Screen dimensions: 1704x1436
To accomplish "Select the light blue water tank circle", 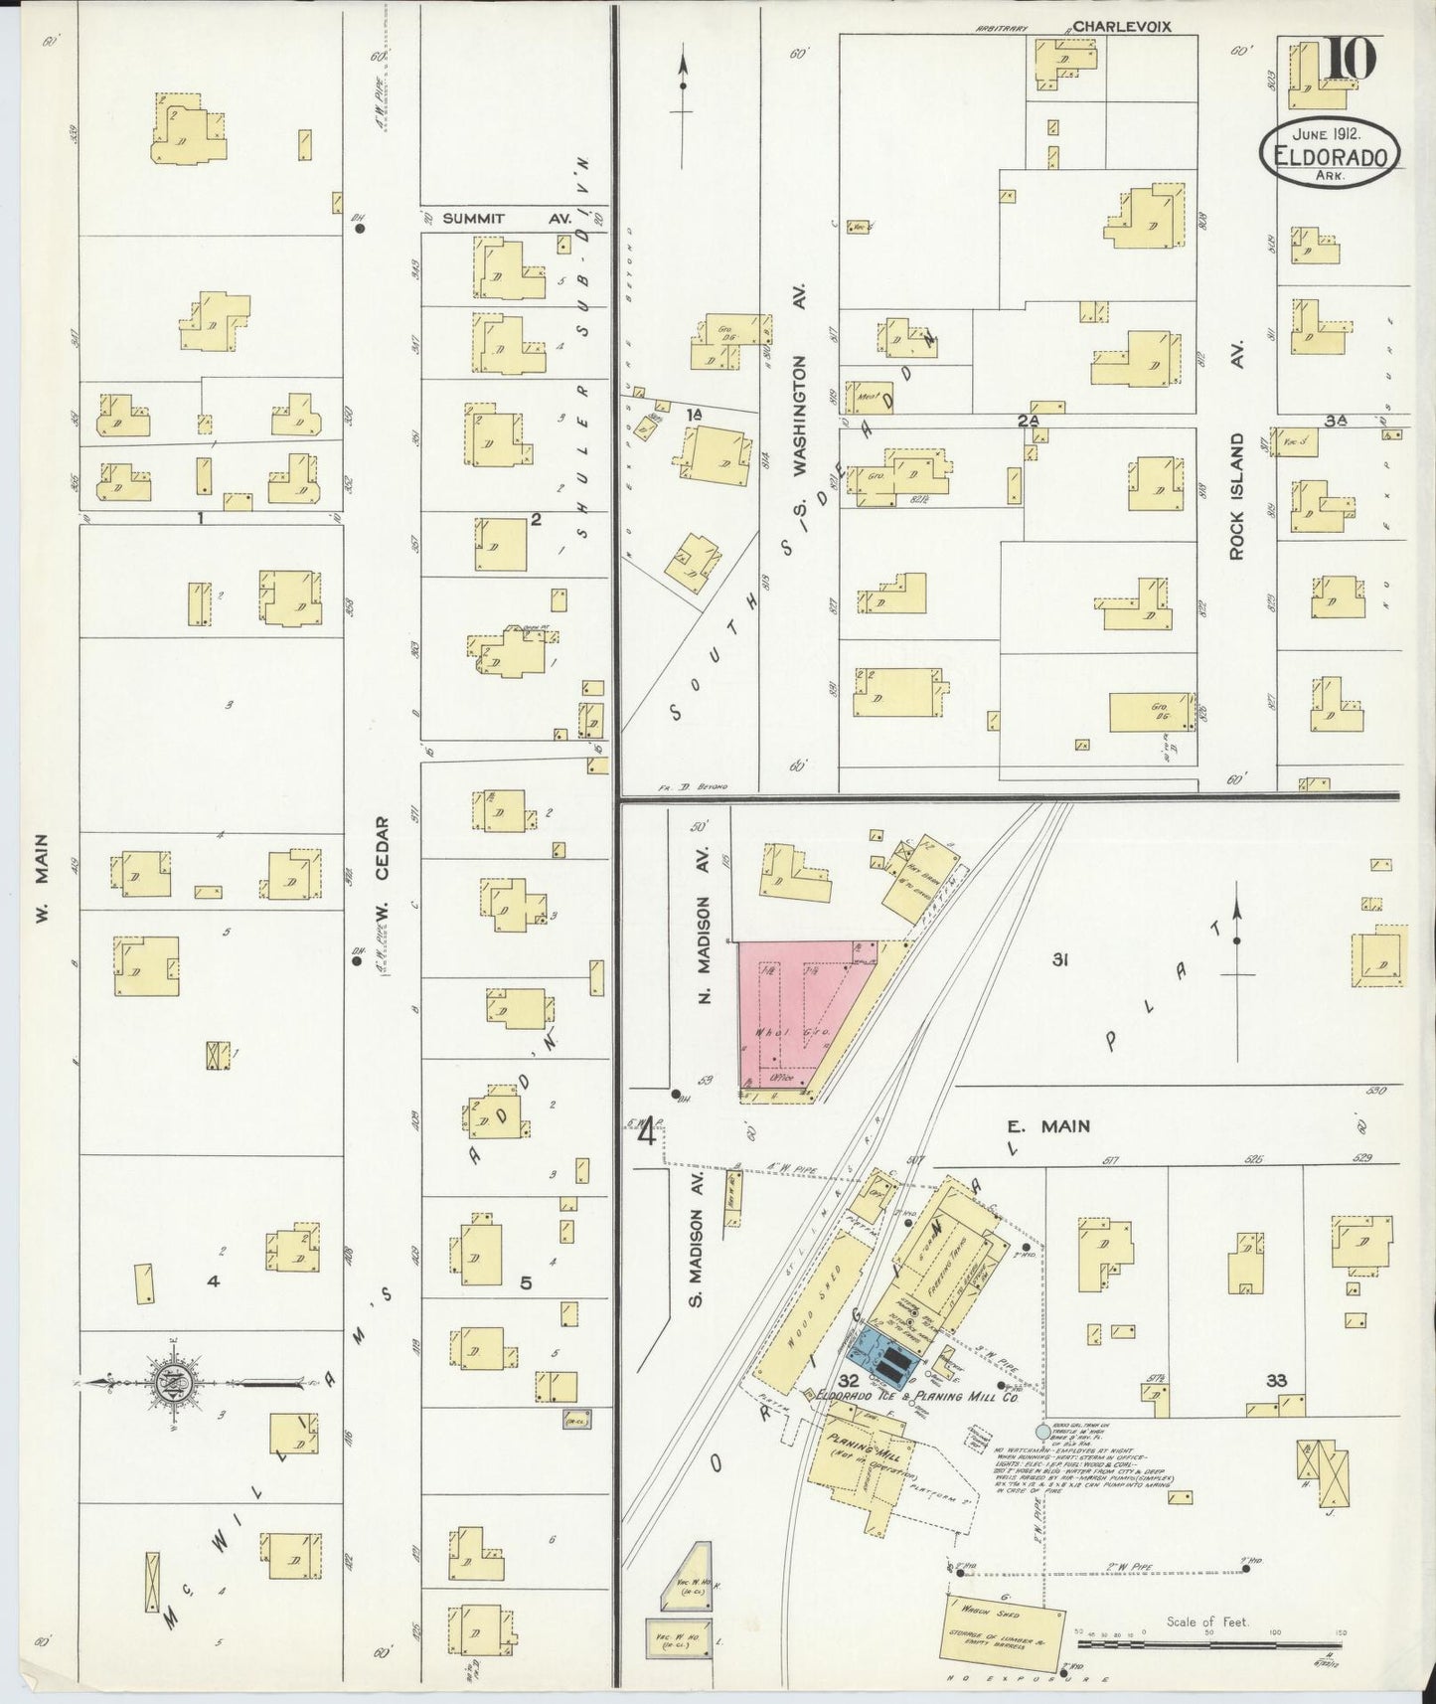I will (1041, 1432).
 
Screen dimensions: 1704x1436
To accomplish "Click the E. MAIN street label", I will (1047, 1126).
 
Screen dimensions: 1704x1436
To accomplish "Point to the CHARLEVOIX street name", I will (1121, 27).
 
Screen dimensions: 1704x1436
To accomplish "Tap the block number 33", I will (1277, 1381).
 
